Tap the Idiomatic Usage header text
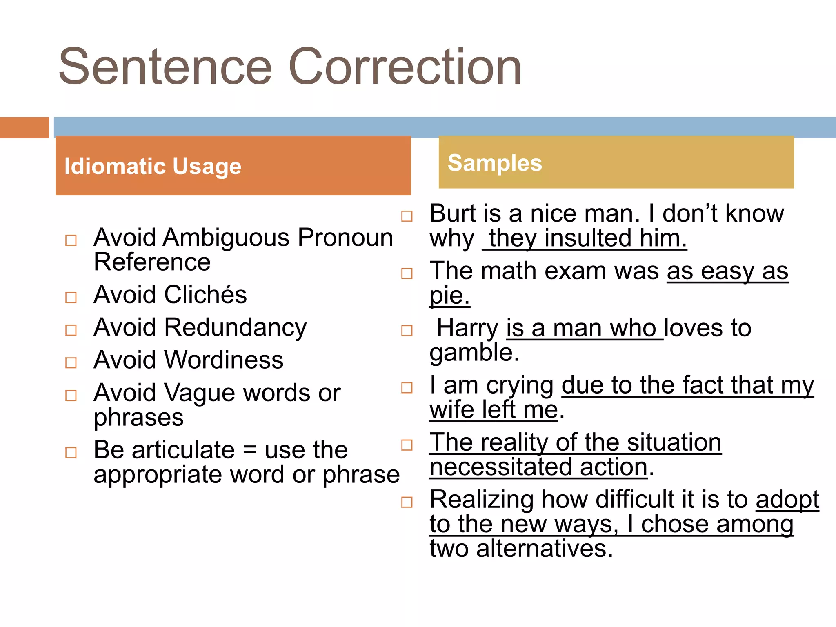tap(153, 166)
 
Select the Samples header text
tap(495, 163)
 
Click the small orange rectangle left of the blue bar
tap(24, 127)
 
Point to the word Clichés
tap(205, 295)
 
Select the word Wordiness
tap(224, 360)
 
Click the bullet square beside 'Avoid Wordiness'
tap(71, 362)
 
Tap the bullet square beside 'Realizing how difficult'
tap(407, 502)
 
